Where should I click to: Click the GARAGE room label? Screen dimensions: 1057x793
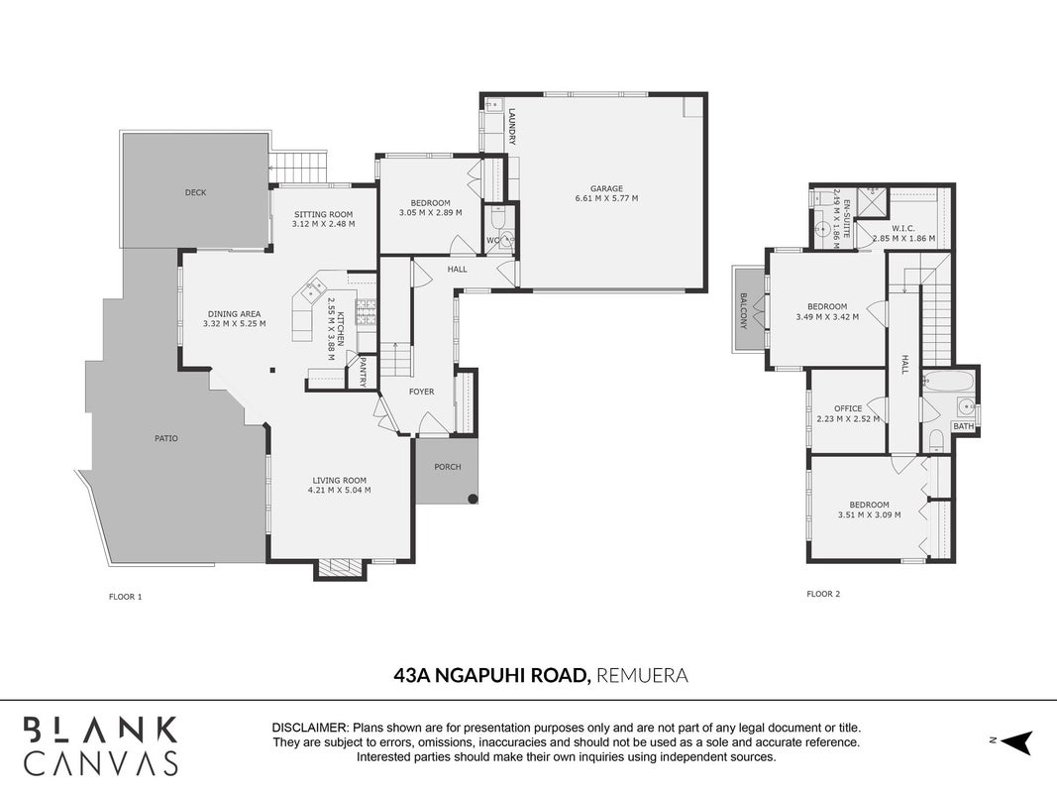pos(606,188)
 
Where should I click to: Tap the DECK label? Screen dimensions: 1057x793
pos(195,193)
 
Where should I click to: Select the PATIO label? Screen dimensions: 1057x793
pos(166,439)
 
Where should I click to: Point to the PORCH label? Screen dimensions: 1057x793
pos(448,467)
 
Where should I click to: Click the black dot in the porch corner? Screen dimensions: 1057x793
pos(474,499)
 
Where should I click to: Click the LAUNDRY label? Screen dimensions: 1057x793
pos(512,127)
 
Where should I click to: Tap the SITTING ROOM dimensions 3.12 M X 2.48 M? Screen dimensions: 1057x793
pos(324,224)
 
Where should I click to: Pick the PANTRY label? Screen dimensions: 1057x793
pos(363,373)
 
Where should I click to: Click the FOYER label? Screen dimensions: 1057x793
pos(422,392)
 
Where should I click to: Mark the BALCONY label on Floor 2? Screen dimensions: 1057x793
pos(744,310)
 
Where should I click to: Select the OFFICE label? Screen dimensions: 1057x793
pos(848,408)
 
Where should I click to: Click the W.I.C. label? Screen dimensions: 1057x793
pos(903,229)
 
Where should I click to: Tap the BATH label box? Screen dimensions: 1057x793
pos(963,426)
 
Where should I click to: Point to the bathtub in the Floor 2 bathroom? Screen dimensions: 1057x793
pos(947,383)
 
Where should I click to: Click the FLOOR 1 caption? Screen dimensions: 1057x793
pos(126,597)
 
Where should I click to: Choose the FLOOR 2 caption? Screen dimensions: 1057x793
pos(824,594)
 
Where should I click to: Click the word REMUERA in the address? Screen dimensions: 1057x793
pos(643,675)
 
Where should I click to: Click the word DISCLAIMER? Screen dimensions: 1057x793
pos(310,729)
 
